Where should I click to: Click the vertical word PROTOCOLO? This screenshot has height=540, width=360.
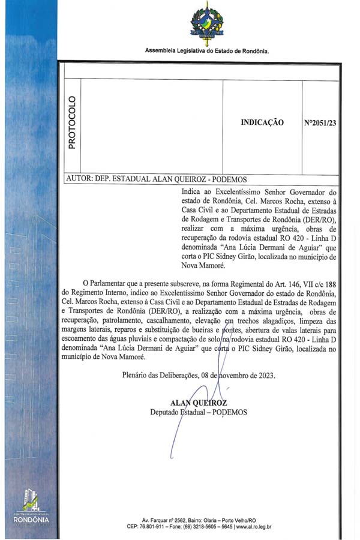(72, 122)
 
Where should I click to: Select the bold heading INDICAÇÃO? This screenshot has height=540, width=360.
(262, 122)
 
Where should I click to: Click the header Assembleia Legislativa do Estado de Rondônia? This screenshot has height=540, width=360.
(206, 51)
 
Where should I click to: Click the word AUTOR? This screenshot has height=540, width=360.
(78, 179)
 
